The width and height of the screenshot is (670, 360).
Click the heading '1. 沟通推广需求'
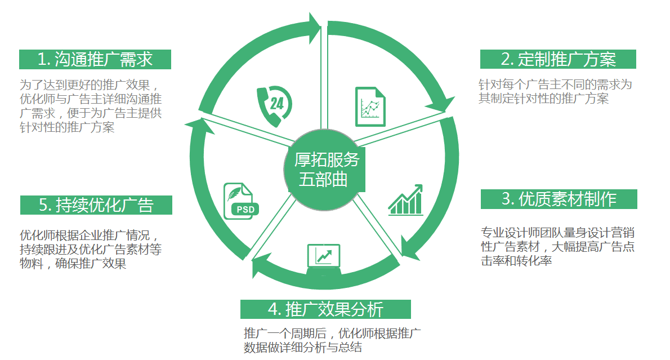coord(95,59)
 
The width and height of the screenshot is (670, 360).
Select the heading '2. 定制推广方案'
coord(558,59)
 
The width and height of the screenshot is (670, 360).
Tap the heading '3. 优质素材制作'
coord(559,199)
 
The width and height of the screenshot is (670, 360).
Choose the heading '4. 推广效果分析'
coord(325,309)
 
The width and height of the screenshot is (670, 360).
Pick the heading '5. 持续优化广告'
coord(96,205)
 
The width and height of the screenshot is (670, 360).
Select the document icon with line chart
coord(370,107)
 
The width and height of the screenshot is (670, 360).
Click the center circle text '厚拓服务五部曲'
coord(326,170)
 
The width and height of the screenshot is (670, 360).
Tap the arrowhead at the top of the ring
coord(315,27)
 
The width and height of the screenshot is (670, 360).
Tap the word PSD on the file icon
coord(245,210)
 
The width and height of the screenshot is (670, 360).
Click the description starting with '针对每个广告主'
coord(555,91)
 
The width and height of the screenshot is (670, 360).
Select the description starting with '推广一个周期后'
coord(332,340)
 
